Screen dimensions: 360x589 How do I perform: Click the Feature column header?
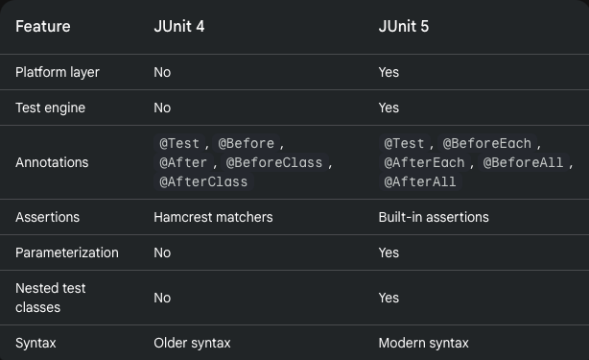pos(42,26)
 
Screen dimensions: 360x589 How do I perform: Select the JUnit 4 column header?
pos(178,26)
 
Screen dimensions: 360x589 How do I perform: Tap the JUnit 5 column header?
pos(403,26)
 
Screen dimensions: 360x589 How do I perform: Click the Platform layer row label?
pos(57,72)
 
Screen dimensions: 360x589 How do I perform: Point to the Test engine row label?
pos(50,108)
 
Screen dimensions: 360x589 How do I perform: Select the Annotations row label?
pos(52,162)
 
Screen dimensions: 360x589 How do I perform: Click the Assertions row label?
pos(47,217)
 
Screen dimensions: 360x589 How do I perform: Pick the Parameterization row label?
pos(66,252)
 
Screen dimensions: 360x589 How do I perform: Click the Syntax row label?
pos(35,343)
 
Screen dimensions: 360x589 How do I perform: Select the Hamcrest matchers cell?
pos(213,217)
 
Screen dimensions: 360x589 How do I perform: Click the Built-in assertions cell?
pos(434,217)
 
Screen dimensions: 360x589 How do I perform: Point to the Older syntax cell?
pos(192,343)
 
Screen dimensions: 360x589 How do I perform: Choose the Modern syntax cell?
pos(423,343)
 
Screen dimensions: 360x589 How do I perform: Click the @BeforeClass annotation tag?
pos(274,162)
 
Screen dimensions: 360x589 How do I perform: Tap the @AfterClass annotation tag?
pos(203,181)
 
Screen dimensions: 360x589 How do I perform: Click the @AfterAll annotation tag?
pos(420,181)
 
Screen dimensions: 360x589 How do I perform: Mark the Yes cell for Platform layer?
pos(389,72)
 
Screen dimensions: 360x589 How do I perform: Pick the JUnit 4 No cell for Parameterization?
pos(162,252)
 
